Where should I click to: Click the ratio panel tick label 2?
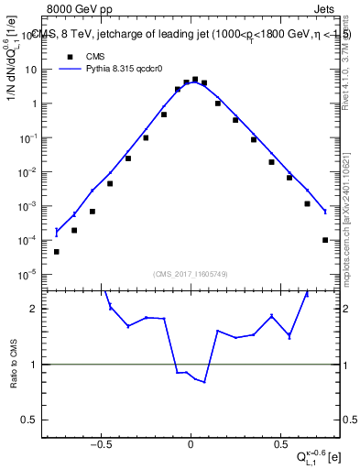(38, 309)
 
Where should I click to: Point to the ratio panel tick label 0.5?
(35, 420)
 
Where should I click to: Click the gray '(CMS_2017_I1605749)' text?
(191, 274)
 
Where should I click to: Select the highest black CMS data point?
(195, 80)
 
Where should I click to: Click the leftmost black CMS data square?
(57, 251)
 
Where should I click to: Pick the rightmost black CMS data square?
(325, 240)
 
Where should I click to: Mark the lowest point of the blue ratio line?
(204, 381)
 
